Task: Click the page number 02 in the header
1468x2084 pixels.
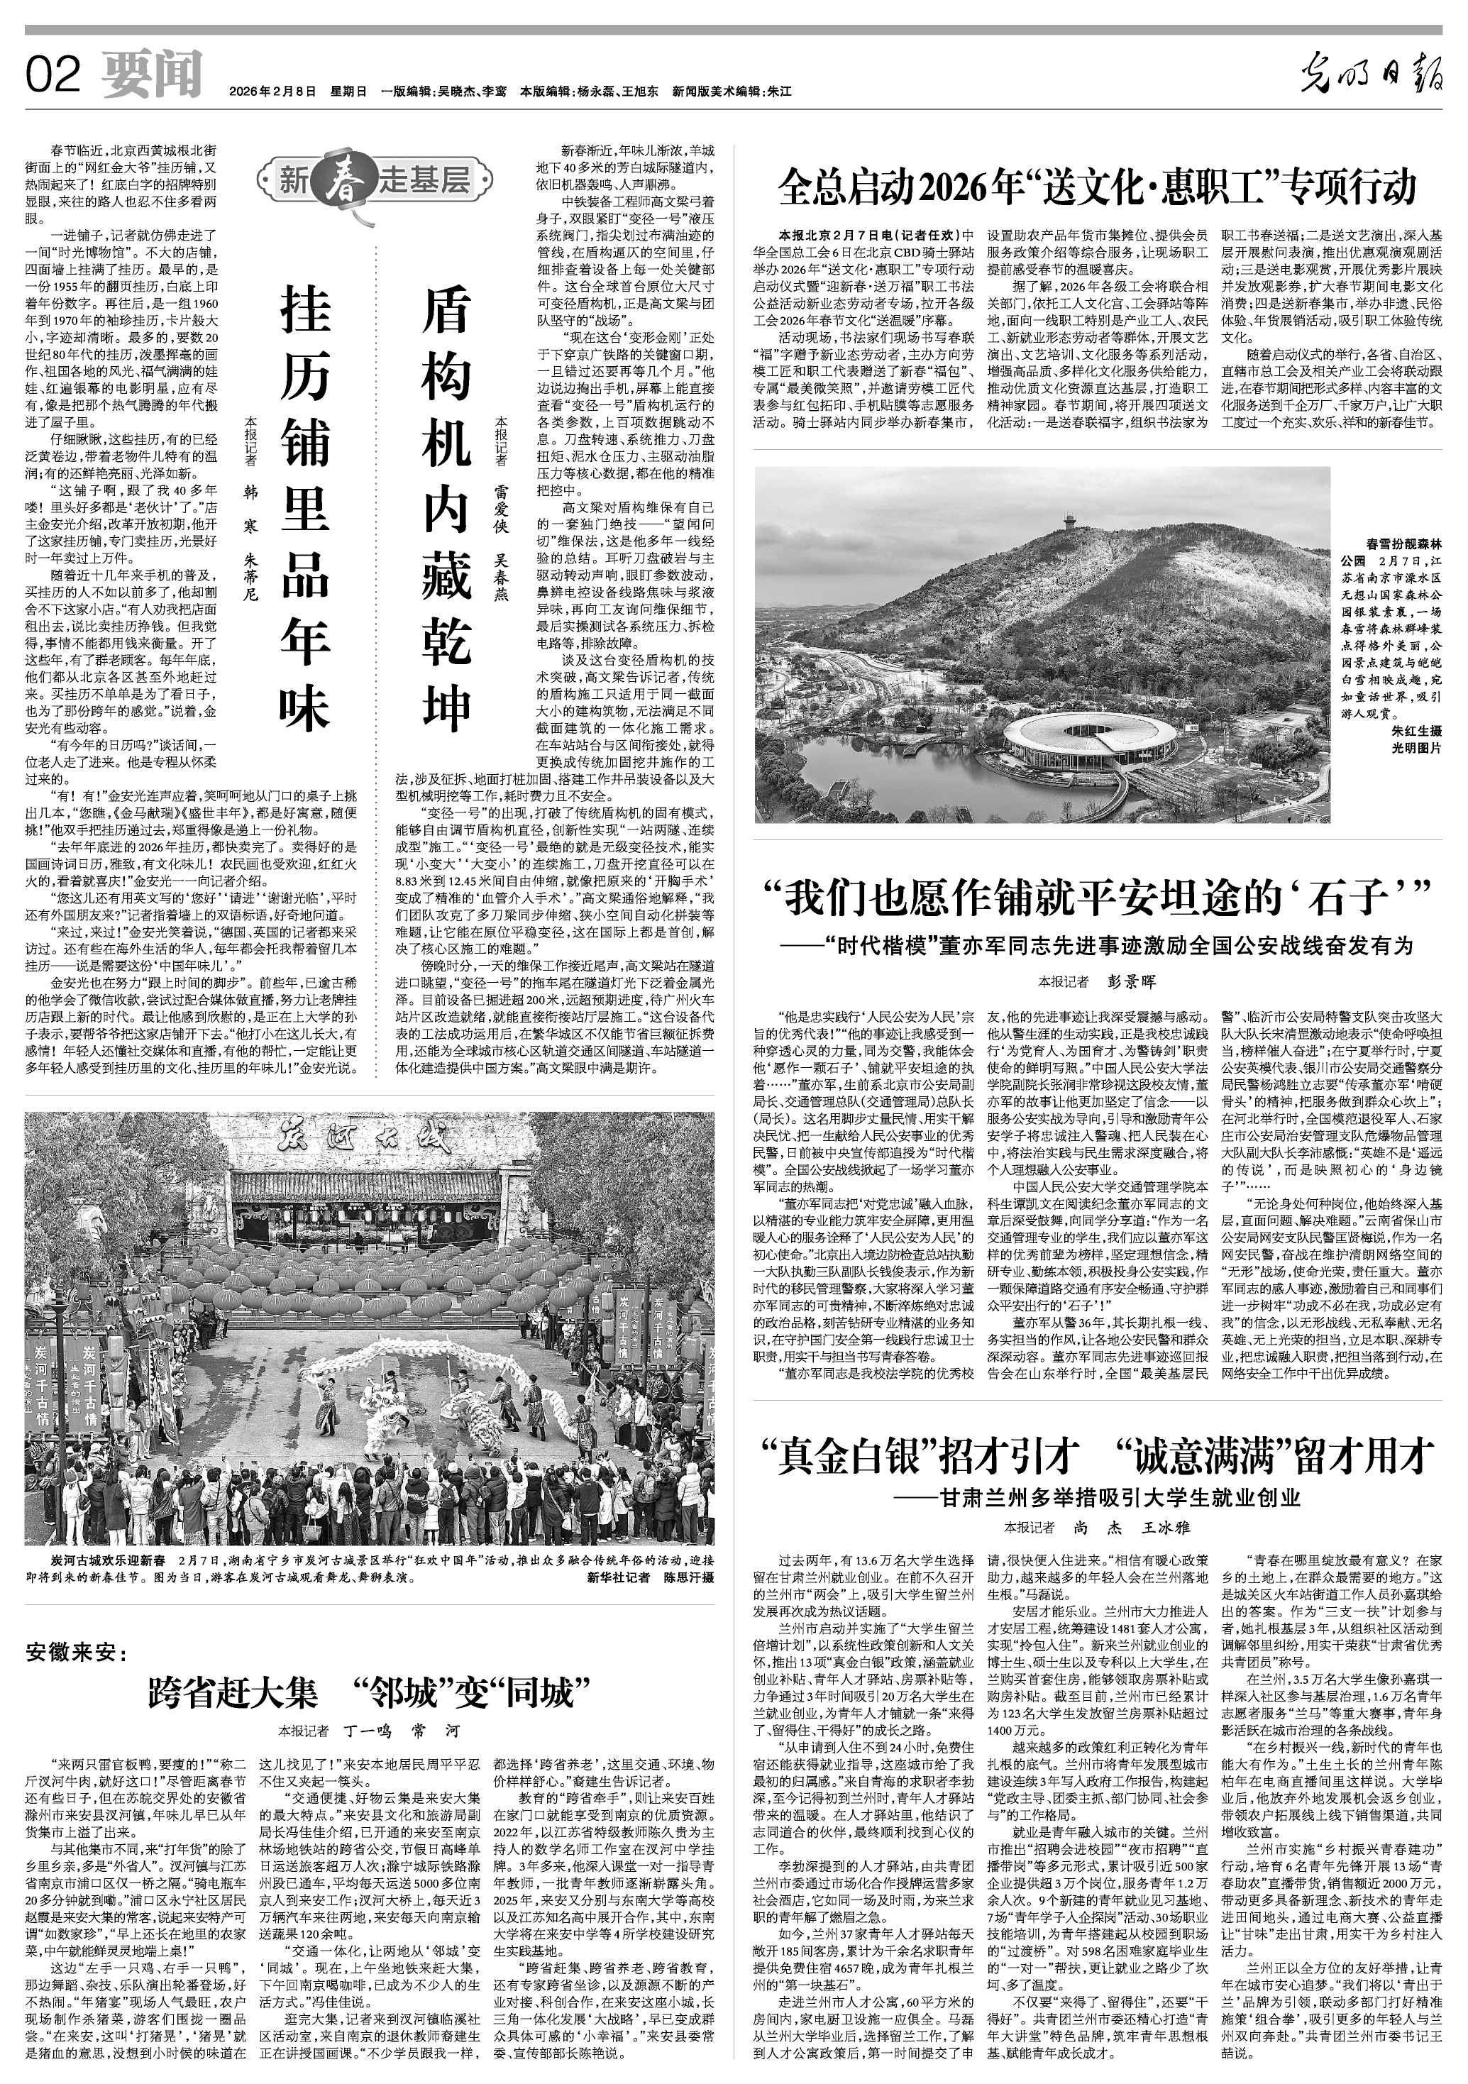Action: point(55,75)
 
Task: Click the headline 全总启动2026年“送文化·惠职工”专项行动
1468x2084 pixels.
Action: point(1097,189)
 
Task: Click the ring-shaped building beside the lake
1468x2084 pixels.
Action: point(1089,744)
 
